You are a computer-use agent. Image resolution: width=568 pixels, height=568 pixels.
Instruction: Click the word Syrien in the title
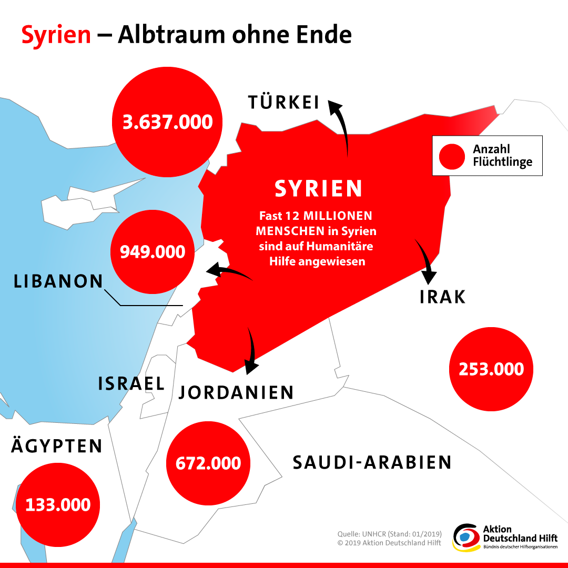tap(56, 35)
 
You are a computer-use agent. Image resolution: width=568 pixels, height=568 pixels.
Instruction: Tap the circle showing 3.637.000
tap(168, 122)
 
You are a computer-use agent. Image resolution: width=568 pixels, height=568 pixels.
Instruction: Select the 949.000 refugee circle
tap(153, 251)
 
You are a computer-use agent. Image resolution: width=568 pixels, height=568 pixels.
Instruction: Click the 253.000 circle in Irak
tap(491, 369)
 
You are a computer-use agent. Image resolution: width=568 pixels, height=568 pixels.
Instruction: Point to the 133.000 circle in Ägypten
tap(58, 505)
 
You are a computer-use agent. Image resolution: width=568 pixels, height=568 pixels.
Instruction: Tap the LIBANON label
tap(58, 281)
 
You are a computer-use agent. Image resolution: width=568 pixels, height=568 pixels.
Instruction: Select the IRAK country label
tap(443, 297)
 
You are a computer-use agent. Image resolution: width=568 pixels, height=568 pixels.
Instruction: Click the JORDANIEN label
tap(236, 392)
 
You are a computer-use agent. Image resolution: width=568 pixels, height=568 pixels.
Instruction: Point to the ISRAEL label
tap(131, 383)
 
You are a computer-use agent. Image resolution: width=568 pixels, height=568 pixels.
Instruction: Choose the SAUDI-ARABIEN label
tap(372, 462)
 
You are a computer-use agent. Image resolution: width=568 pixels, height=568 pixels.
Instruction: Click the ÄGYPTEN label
tap(57, 447)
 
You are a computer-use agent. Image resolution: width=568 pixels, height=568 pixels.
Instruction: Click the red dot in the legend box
tap(452, 156)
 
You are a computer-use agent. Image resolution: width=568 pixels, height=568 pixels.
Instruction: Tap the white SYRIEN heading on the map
tap(319, 189)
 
